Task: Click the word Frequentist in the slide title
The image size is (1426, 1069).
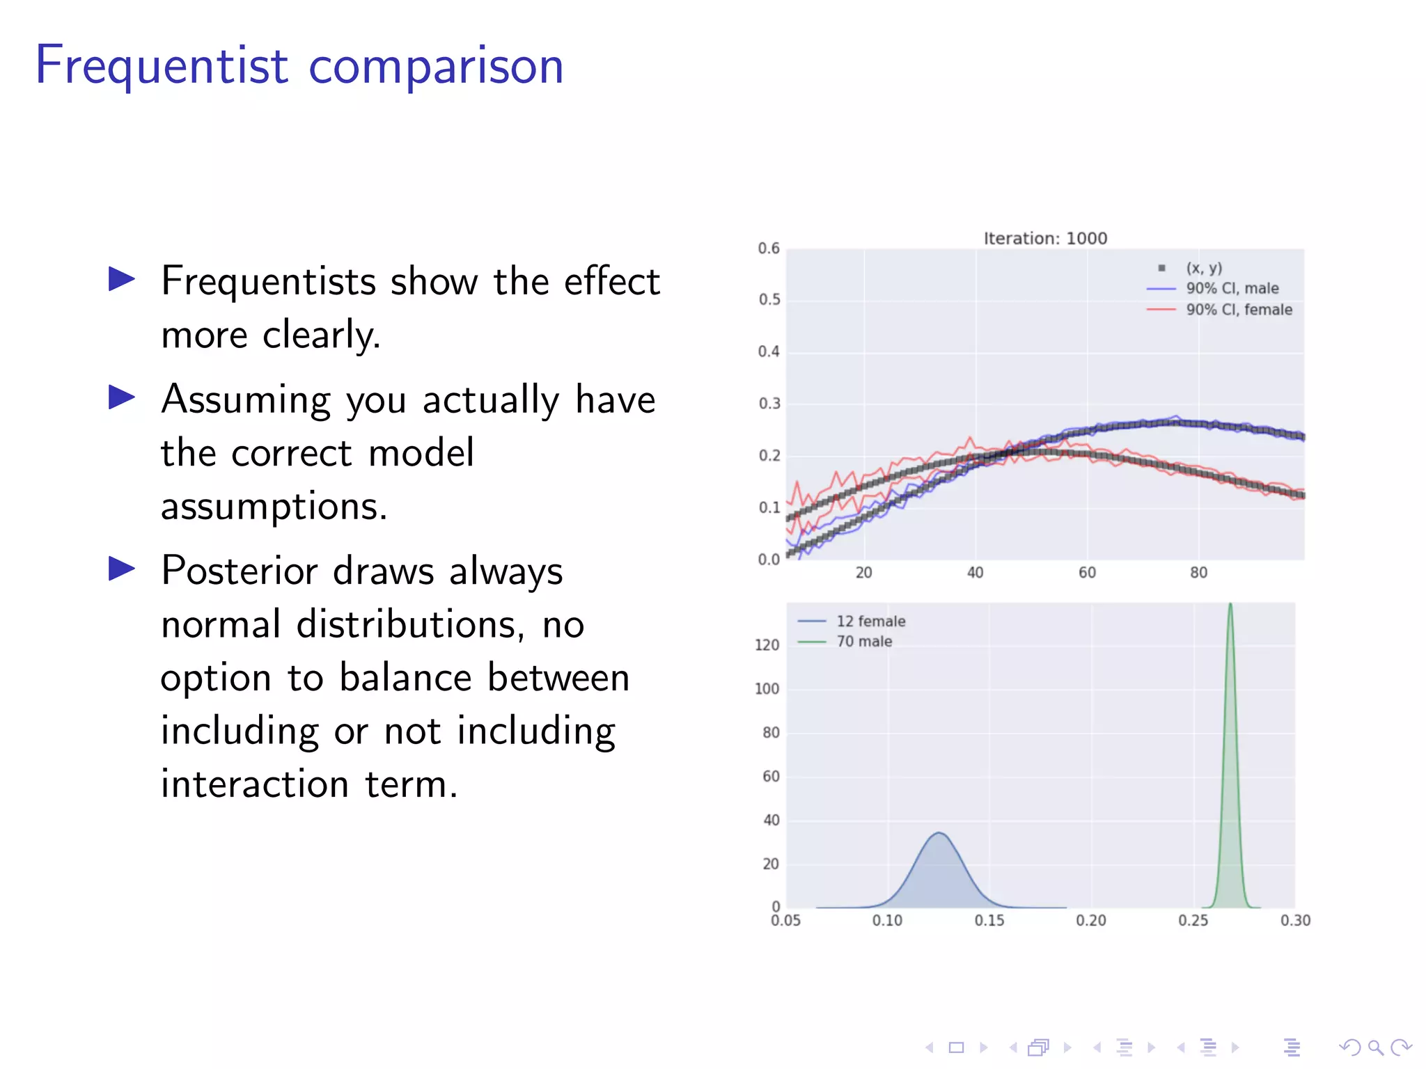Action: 162,65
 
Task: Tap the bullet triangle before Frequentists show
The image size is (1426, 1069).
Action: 122,280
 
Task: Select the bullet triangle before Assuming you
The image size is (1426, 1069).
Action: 122,398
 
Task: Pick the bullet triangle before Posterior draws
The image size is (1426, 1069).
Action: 122,569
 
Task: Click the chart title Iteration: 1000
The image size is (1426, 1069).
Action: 1045,239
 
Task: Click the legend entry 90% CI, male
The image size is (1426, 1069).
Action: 1232,288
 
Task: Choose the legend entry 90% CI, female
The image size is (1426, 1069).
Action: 1239,310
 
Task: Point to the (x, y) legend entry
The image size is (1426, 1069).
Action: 1204,268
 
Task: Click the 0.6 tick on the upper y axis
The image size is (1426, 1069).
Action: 769,248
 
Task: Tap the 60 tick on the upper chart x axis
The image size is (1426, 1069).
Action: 1087,573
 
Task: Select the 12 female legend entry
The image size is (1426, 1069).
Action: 870,621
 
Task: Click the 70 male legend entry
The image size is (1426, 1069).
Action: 864,642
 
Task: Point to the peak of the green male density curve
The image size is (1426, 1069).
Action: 1230,605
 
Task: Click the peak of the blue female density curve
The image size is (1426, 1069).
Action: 939,833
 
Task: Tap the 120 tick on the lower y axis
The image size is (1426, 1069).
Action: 767,645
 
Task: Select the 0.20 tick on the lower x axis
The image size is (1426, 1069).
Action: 1091,921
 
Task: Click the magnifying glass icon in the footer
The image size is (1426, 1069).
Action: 1375,1047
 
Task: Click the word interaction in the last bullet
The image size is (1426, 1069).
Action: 254,784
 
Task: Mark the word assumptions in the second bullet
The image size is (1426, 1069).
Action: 274,507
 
